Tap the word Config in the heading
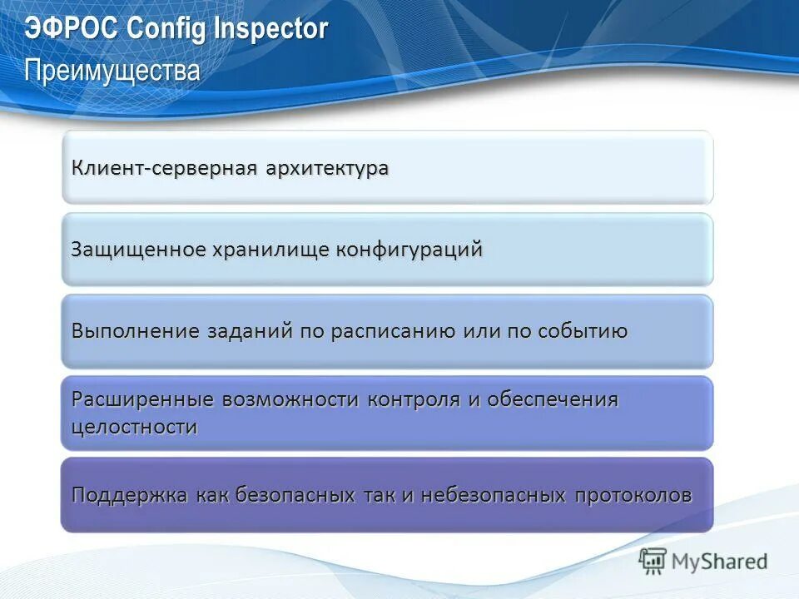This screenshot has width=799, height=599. [x=169, y=29]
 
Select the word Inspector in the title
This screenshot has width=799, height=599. [x=271, y=29]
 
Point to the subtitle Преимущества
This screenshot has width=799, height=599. [x=112, y=70]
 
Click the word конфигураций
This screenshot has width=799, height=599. [x=409, y=250]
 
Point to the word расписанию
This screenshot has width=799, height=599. [x=393, y=331]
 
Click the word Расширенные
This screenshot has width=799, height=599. [x=143, y=399]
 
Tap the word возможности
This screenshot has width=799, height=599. [x=290, y=399]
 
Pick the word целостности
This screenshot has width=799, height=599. [x=135, y=428]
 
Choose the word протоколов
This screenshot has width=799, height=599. [x=633, y=496]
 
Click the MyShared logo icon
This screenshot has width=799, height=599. [x=653, y=562]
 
